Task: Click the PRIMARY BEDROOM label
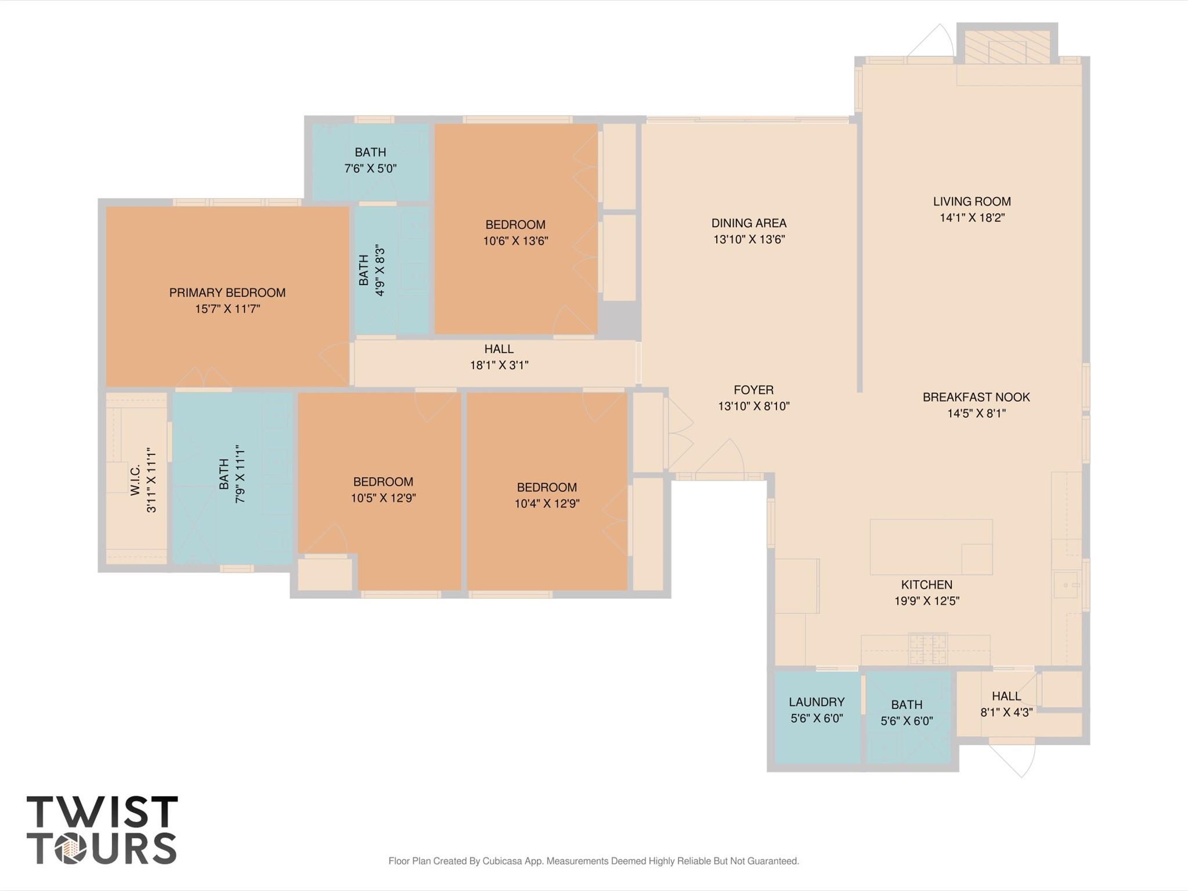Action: [227, 293]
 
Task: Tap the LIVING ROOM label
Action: [972, 201]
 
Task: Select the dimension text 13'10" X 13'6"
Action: [749, 239]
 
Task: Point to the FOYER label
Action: [754, 390]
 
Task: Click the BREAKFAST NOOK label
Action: [976, 397]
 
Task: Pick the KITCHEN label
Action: [927, 585]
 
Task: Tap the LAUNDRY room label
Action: [817, 702]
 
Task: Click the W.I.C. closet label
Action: [135, 479]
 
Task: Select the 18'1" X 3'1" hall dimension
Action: [499, 365]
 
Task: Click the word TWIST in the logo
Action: [102, 811]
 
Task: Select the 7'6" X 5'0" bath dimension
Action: [370, 168]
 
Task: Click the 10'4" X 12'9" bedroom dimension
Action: [547, 503]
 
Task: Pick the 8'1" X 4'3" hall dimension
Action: [1006, 712]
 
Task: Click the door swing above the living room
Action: [931, 41]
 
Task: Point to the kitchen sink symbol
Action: [1067, 585]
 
